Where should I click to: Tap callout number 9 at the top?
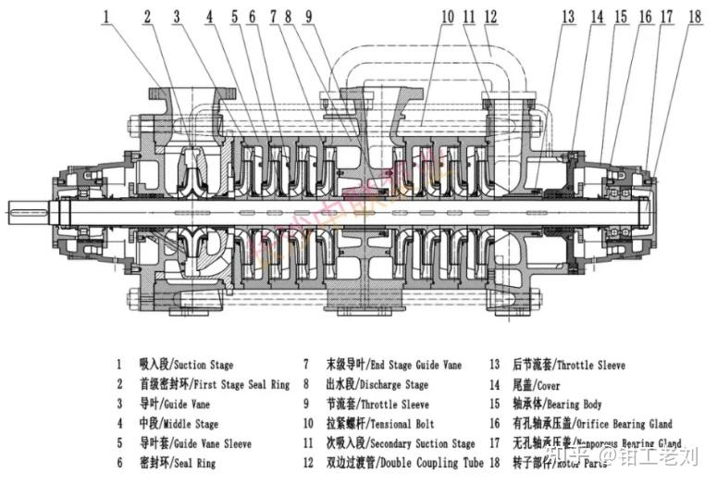click(307, 16)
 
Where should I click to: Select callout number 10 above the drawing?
click(448, 16)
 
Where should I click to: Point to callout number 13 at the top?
click(568, 16)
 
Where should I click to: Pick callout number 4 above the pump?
click(210, 16)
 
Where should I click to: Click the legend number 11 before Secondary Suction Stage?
click(306, 444)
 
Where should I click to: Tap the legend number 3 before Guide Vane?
click(118, 404)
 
